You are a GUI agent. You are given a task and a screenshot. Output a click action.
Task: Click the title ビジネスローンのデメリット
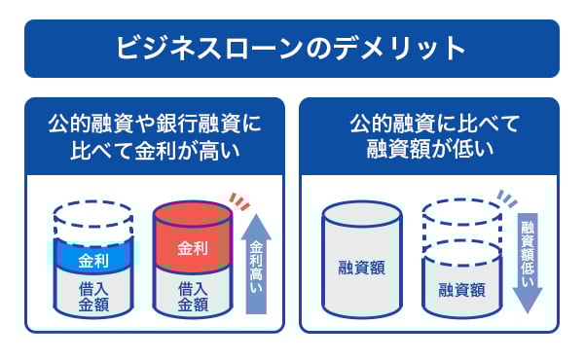pos(291,48)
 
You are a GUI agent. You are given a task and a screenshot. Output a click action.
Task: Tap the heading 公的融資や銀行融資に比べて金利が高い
pos(156,137)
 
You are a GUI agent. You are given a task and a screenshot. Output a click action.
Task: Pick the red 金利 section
pos(193,243)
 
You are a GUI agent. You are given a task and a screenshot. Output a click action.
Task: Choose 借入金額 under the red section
pos(193,296)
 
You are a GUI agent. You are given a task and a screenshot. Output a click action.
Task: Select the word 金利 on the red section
pos(193,248)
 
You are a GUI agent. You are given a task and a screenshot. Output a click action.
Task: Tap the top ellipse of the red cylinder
pos(193,213)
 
